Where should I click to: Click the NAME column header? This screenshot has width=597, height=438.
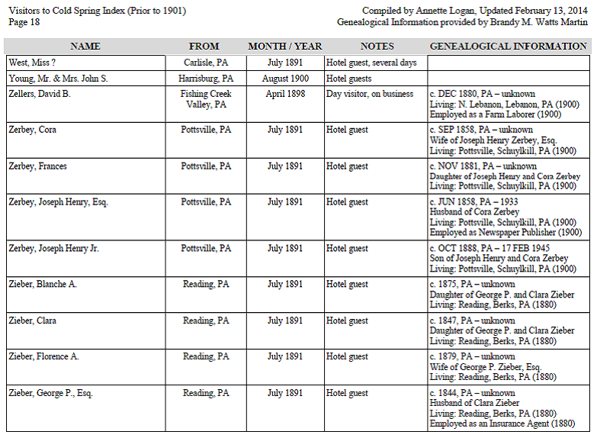[85, 47]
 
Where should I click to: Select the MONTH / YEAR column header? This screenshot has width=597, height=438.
[285, 47]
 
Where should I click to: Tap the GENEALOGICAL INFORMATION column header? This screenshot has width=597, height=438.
[509, 47]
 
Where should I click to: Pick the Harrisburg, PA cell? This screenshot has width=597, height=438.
[206, 79]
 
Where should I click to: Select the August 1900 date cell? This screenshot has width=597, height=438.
[285, 79]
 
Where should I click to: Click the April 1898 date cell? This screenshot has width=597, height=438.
[285, 94]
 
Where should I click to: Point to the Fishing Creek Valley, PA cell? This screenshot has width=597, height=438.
[206, 99]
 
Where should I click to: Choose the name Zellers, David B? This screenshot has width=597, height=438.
[40, 94]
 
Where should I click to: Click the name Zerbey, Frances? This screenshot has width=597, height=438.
[37, 166]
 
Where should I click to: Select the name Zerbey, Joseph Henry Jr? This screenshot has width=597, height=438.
[53, 249]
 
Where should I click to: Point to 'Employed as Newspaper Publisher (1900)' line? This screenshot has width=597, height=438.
[506, 233]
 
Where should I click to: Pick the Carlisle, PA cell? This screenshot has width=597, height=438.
[206, 63]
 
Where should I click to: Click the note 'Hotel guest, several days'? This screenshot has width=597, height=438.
[371, 63]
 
